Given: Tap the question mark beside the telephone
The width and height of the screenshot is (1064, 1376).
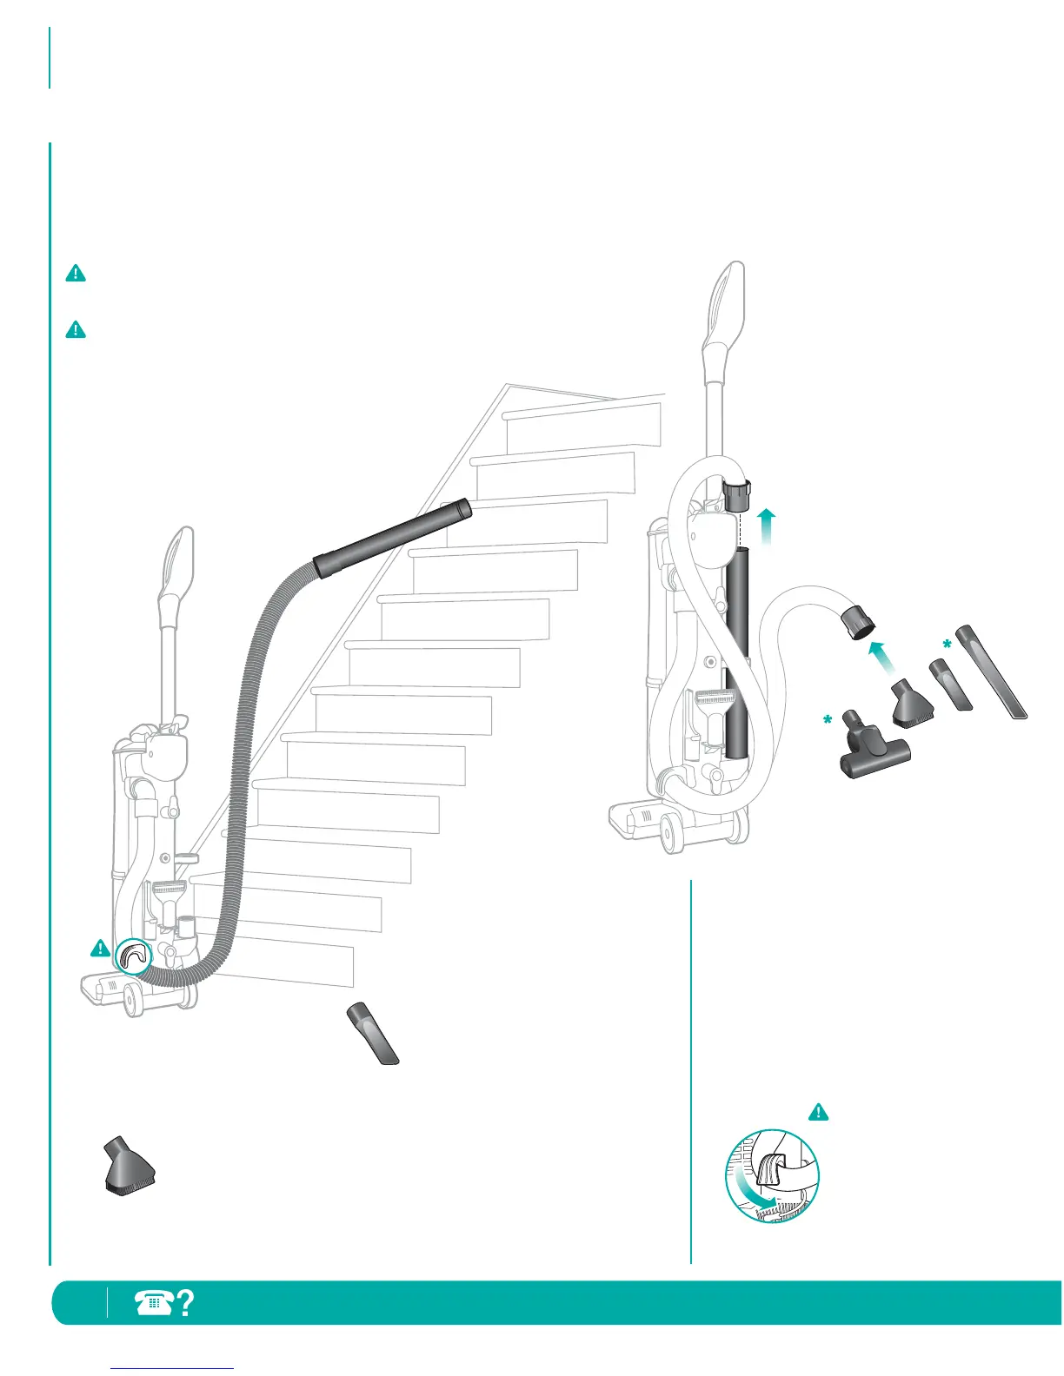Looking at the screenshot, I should click(184, 1302).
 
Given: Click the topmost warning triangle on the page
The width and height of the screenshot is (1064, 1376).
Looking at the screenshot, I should click(76, 274).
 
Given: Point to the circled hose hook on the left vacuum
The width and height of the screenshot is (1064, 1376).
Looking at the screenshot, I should click(133, 956).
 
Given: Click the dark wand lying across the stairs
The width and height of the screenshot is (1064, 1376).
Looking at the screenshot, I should click(393, 539).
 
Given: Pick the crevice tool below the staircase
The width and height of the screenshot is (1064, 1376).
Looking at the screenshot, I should click(373, 1033).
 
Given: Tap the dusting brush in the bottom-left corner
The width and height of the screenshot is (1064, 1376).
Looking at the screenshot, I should click(129, 1168).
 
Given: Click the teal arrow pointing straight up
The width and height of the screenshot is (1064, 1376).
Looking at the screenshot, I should click(766, 526).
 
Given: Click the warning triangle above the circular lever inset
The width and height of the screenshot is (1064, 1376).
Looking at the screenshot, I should click(818, 1112).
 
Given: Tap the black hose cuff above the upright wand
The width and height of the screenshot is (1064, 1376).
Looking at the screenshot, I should click(737, 498).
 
